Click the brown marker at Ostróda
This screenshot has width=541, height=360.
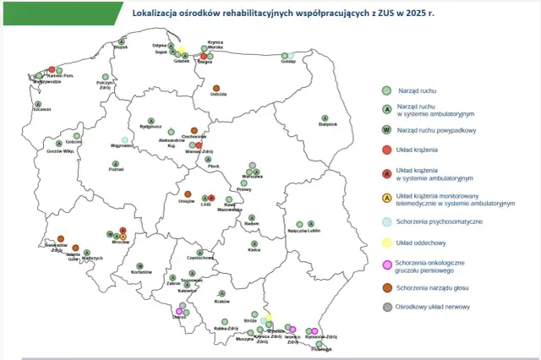click(x=216, y=88)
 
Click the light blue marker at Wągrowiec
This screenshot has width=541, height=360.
click(x=125, y=140)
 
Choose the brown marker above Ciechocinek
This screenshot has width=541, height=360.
click(x=194, y=130)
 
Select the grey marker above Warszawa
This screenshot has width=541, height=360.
click(x=251, y=166)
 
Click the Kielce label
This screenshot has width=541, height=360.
click(x=254, y=250)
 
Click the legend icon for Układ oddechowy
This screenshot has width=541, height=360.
click(x=386, y=243)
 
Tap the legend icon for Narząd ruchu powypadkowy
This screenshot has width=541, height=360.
click(x=386, y=129)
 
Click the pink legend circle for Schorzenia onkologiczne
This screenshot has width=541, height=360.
click(x=386, y=265)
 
